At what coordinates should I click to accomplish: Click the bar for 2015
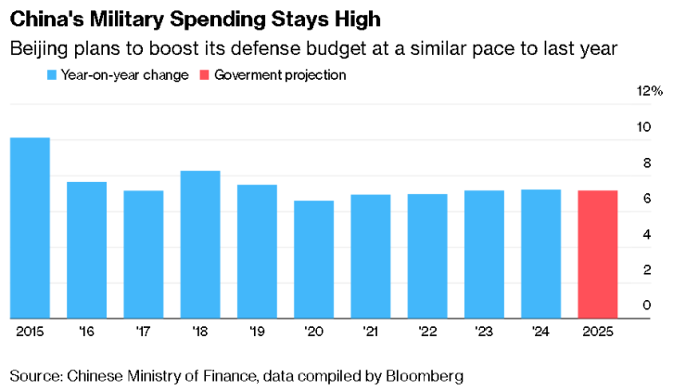click(30, 228)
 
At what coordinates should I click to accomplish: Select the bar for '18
click(200, 244)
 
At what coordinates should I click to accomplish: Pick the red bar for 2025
click(597, 254)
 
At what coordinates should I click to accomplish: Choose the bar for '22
click(427, 255)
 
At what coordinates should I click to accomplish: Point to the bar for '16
click(86, 250)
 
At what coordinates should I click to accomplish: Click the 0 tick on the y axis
click(646, 306)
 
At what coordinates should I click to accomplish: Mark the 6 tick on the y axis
click(646, 199)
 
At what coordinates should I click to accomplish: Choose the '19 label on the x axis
click(257, 330)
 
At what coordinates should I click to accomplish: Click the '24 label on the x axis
click(540, 330)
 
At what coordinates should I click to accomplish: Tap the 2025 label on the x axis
click(597, 330)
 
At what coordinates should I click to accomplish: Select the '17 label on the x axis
click(144, 330)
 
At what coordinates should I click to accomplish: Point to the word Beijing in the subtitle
click(37, 48)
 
